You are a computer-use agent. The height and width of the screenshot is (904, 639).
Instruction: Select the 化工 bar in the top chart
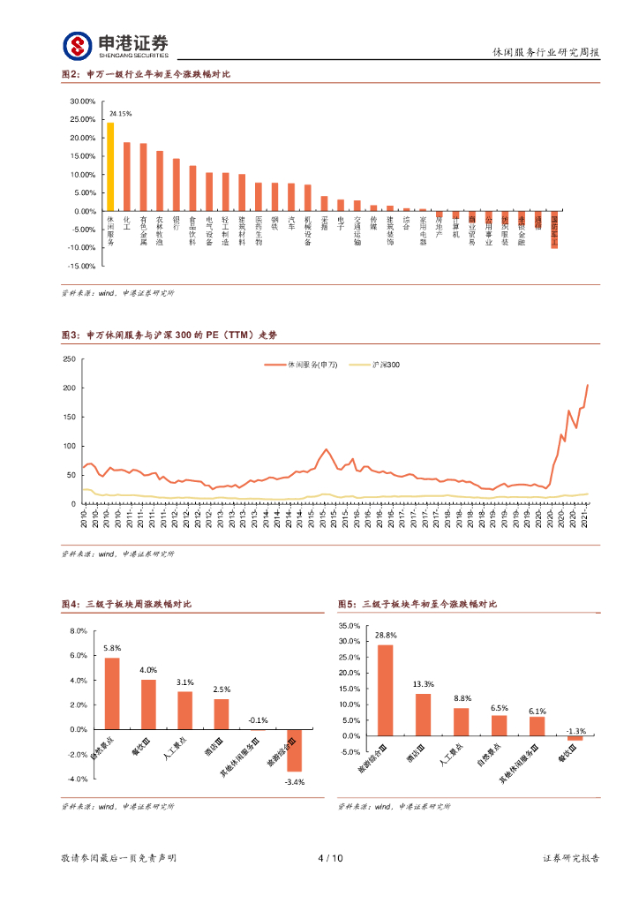127,177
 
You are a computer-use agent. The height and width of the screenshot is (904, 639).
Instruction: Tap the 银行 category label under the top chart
176,223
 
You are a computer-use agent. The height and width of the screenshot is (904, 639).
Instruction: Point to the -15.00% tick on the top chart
82,266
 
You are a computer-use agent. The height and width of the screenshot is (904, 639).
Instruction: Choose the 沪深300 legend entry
387,364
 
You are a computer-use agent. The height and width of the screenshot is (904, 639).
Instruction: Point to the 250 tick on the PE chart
69,359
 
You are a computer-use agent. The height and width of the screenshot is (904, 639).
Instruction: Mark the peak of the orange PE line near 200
588,385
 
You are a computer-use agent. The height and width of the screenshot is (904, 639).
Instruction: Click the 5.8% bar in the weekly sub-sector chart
112,694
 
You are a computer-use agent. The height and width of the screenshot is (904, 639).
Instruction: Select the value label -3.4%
294,782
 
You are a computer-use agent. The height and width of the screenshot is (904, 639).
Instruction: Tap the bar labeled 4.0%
148,704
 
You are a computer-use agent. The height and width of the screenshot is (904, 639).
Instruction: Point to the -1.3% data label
575,731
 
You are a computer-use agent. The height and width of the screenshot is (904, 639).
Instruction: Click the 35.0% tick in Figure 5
350,625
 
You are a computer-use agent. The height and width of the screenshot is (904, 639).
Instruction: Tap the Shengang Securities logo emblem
77,46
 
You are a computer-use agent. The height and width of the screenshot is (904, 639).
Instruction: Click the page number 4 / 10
329,858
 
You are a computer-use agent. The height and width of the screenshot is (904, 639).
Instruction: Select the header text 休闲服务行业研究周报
545,53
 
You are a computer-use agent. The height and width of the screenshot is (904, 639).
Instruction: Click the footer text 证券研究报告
570,858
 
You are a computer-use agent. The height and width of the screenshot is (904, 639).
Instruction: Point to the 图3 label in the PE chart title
71,335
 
